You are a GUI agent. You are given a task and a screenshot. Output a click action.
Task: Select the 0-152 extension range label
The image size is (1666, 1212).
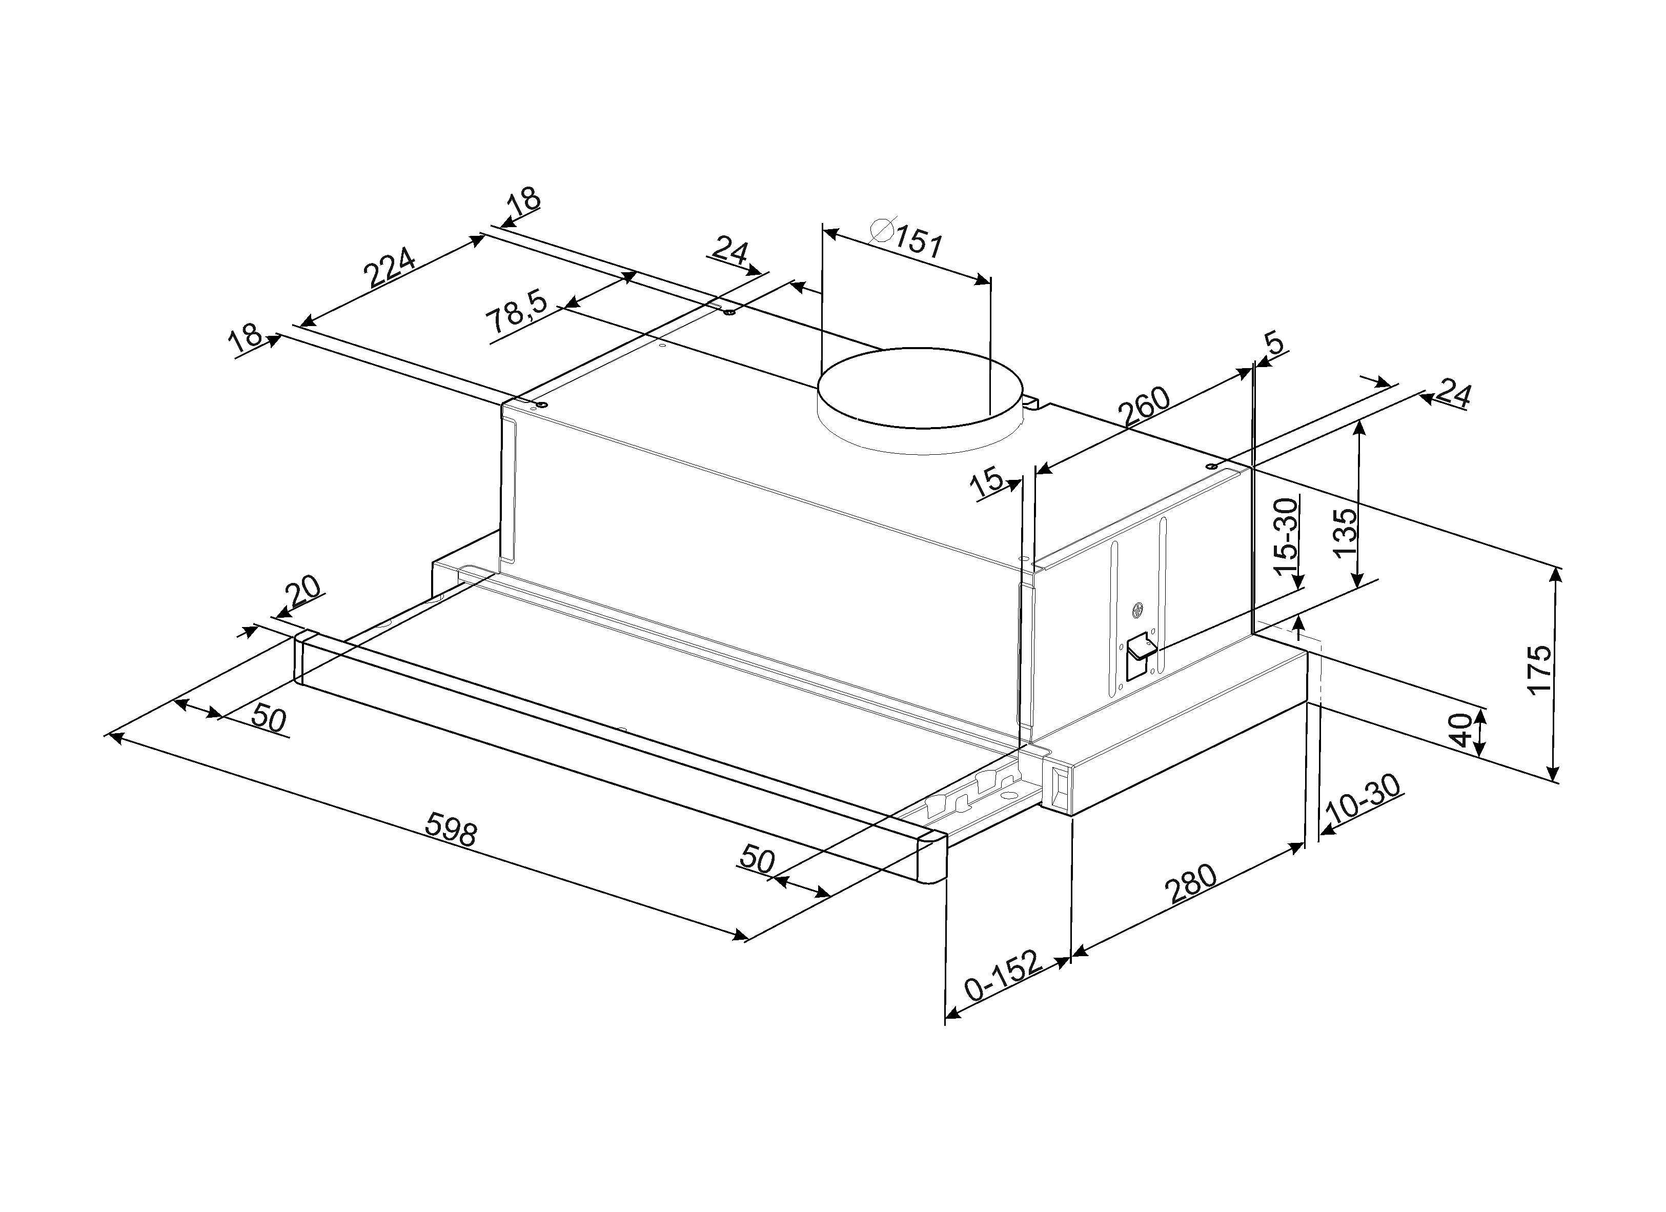[1003, 977]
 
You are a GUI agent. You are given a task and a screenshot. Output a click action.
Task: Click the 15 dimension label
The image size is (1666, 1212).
[986, 482]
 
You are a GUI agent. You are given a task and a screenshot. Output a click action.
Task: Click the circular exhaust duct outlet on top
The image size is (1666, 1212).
[921, 401]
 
